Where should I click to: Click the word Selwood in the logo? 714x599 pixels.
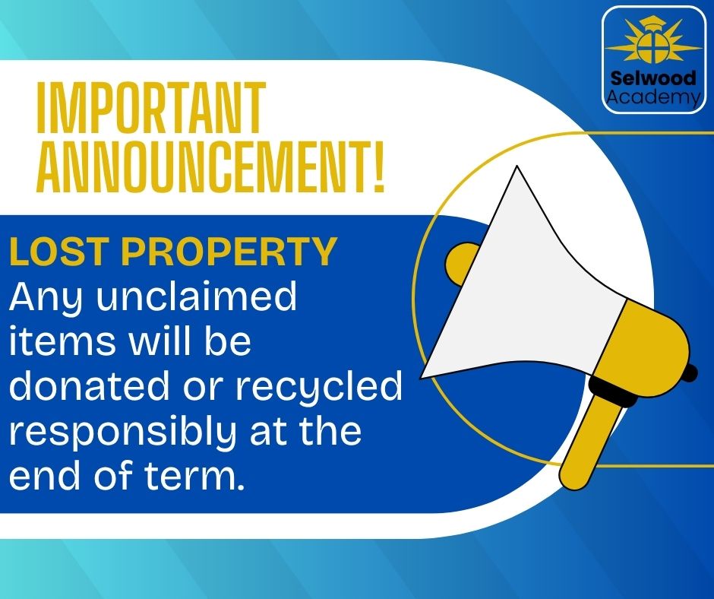point(654,78)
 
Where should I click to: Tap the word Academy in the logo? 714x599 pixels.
point(654,97)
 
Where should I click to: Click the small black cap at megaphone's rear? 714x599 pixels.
point(690,372)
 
